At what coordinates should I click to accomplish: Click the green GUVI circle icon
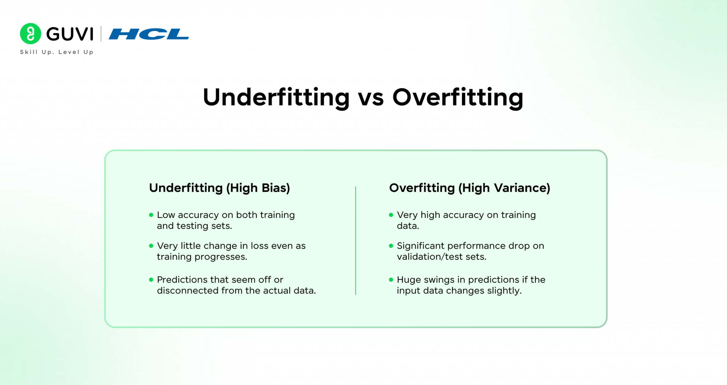pyautogui.click(x=31, y=34)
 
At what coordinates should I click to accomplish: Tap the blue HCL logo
pyautogui.click(x=149, y=34)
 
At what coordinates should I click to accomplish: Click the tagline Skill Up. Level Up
pyautogui.click(x=57, y=52)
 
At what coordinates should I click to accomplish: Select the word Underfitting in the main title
pyautogui.click(x=276, y=97)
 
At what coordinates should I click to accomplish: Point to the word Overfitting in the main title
pyautogui.click(x=458, y=97)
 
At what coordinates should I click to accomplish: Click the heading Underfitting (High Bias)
pyautogui.click(x=219, y=188)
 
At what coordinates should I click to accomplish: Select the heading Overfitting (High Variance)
pyautogui.click(x=469, y=188)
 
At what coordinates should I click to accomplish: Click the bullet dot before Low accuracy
pyautogui.click(x=151, y=215)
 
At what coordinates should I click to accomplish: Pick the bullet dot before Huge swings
pyautogui.click(x=391, y=280)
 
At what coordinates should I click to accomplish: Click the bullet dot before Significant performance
pyautogui.click(x=391, y=246)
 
